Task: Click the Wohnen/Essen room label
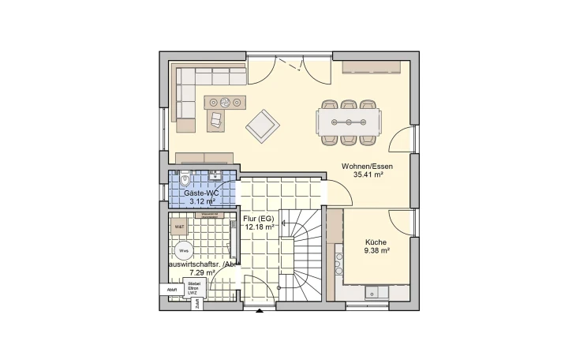click(x=367, y=167)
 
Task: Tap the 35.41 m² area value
click(x=367, y=176)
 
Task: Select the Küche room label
click(x=376, y=242)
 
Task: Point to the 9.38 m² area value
click(x=376, y=252)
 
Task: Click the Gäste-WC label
click(x=201, y=193)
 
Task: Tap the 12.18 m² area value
click(x=260, y=227)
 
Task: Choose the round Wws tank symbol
click(x=183, y=251)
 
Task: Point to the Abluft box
click(x=172, y=290)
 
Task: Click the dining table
click(x=350, y=122)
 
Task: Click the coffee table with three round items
click(x=224, y=102)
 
